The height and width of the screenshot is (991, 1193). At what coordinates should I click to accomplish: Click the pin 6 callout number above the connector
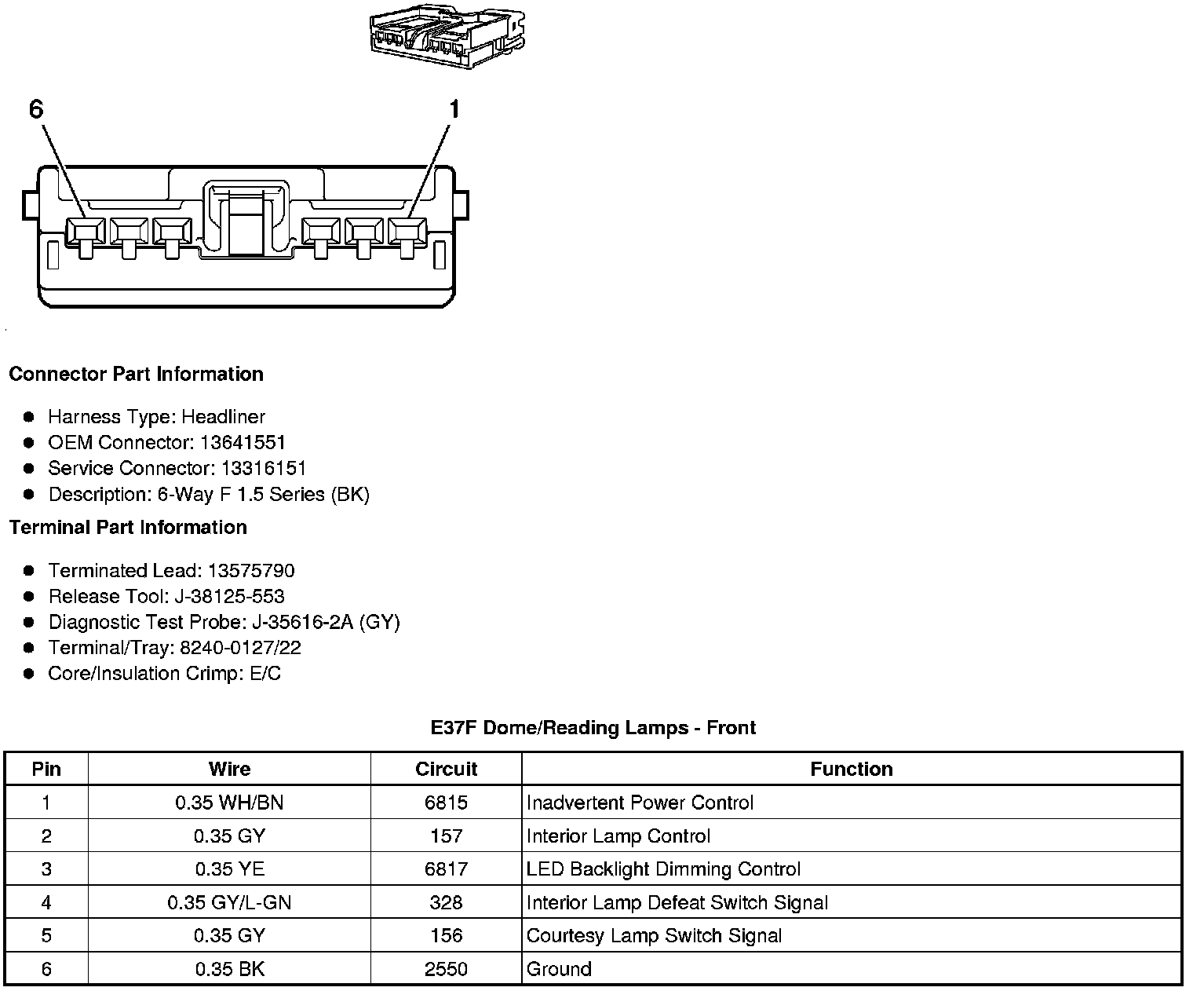pos(36,109)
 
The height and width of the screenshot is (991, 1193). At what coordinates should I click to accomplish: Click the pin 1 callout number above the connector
pos(453,109)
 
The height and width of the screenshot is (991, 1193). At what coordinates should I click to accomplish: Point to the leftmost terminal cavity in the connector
pos(85,232)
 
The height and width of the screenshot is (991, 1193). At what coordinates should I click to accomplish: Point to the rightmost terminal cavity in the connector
pos(407,232)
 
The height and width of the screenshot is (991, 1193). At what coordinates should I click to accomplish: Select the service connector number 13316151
pos(264,468)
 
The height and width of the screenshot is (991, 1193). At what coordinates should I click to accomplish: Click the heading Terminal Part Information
pos(128,527)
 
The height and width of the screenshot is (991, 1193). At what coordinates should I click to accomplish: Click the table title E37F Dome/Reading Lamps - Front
pos(593,728)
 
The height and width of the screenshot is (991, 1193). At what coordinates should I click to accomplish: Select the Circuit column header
pos(446,769)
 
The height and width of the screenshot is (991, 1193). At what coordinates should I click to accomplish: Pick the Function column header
pos(852,769)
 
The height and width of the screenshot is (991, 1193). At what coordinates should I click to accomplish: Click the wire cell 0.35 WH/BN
pos(229,803)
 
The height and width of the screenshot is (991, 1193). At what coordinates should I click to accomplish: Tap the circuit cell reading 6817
pos(446,869)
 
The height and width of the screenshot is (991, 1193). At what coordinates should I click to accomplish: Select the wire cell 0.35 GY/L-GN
pos(229,902)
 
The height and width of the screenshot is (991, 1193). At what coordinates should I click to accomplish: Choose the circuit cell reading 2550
pos(446,969)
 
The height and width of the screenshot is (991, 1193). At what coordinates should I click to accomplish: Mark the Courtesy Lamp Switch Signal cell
pos(654,935)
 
